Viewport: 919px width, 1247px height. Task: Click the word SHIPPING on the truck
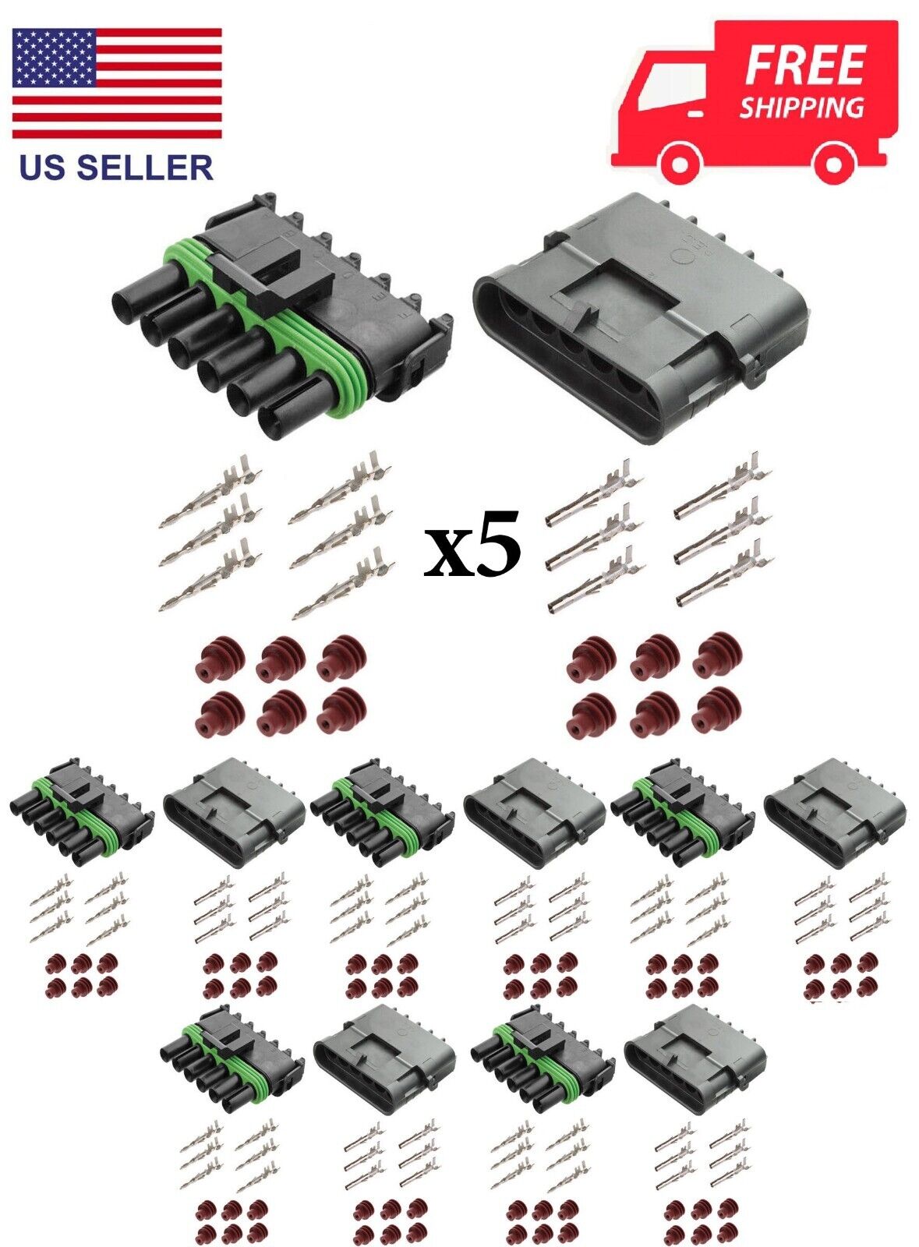click(x=801, y=106)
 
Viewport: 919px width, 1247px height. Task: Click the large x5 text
click(x=472, y=545)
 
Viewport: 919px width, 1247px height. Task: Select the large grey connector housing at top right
click(x=640, y=317)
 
